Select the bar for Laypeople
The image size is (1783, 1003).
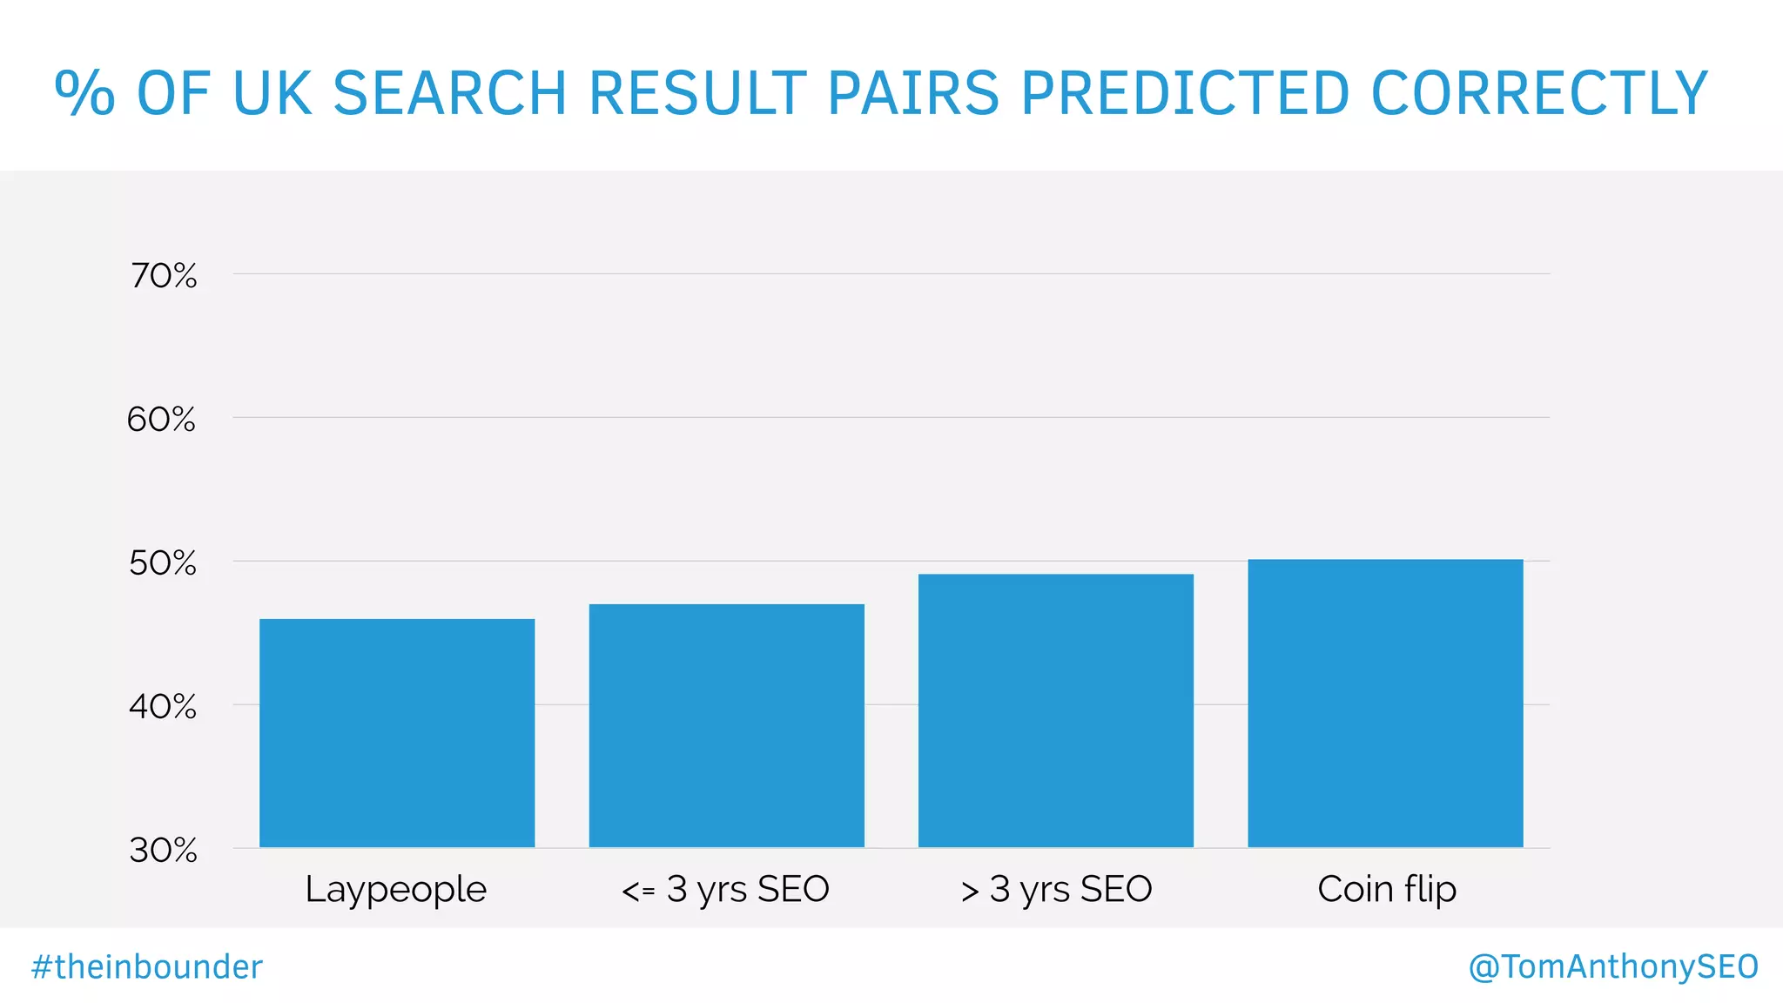coord(397,732)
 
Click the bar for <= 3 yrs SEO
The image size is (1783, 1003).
coord(726,725)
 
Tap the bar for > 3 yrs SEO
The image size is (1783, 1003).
coord(1055,710)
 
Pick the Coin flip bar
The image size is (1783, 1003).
coord(1385,703)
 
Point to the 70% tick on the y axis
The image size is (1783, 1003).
coord(164,276)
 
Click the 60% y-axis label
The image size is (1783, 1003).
coord(162,420)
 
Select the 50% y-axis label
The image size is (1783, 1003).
coord(163,563)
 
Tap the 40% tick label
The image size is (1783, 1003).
coord(163,706)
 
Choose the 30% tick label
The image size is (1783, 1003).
coord(164,850)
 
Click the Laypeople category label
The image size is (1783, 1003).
coord(396,890)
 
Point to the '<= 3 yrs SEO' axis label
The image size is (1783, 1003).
coord(725,890)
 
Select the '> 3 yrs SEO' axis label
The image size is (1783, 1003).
coord(1056,890)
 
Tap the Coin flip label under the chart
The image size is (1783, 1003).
coord(1386,890)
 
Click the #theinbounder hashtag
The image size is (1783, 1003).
coord(147,967)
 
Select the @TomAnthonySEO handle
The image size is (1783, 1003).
coord(1613,967)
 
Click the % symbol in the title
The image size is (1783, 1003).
coord(84,93)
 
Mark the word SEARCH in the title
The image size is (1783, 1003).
coord(449,93)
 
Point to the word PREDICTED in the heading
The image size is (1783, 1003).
coord(1185,93)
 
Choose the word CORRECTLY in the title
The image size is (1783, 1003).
coord(1539,93)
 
